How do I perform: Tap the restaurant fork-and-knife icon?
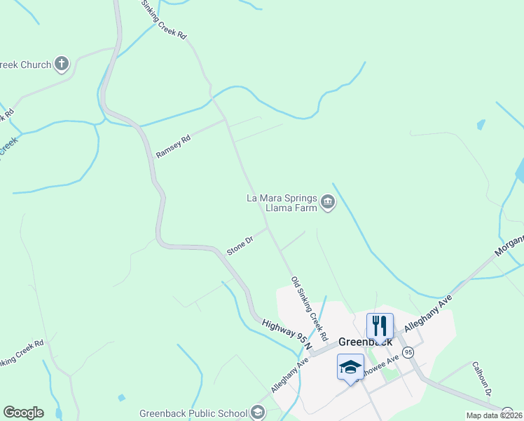click(x=380, y=326)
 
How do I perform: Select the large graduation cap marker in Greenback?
click(x=351, y=366)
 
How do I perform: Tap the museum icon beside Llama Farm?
click(x=328, y=203)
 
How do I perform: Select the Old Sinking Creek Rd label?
click(x=309, y=305)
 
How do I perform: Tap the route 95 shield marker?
click(x=408, y=352)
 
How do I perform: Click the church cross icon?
click(x=62, y=65)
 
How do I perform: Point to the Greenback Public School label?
click(x=193, y=413)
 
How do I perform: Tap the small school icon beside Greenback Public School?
click(x=258, y=413)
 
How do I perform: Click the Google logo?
click(x=23, y=413)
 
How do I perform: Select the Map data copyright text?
click(x=495, y=415)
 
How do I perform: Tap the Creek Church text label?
click(x=26, y=65)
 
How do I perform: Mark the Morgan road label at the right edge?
click(x=509, y=246)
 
